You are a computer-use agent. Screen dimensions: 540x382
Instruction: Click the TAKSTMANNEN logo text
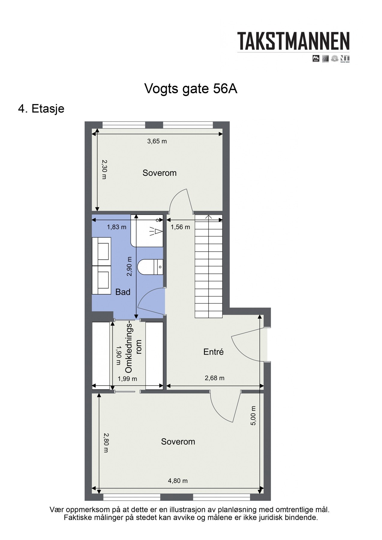(293, 41)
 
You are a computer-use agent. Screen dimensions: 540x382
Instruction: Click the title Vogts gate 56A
(191, 89)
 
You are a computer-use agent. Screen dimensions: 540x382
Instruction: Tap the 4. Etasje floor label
(41, 109)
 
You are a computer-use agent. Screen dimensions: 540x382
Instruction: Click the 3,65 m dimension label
(157, 141)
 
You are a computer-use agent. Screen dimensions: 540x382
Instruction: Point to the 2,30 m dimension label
(104, 169)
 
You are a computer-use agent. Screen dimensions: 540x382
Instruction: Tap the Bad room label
(123, 292)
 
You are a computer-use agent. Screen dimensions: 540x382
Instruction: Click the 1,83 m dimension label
(116, 227)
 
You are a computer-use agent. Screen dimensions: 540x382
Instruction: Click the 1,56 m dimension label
(180, 227)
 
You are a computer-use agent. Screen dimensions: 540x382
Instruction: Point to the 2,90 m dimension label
(129, 266)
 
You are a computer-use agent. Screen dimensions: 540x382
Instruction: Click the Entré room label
(213, 352)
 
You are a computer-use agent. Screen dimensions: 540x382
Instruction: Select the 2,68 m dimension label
(214, 378)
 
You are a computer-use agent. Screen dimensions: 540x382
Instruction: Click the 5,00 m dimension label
(253, 415)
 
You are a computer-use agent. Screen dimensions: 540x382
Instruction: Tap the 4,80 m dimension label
(178, 481)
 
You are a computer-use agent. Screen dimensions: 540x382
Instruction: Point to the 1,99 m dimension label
(127, 379)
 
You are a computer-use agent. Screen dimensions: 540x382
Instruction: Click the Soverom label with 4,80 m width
(178, 442)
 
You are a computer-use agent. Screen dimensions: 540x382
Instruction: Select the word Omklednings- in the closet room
(129, 347)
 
